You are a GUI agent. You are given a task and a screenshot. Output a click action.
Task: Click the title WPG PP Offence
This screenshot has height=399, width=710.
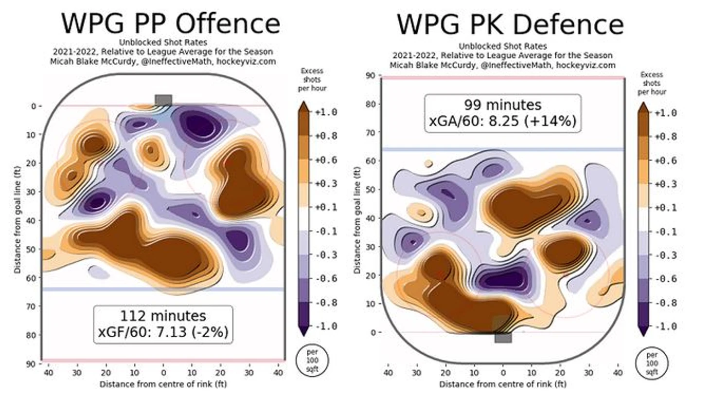[170, 23]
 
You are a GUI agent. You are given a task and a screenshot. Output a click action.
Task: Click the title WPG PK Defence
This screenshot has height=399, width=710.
[510, 24]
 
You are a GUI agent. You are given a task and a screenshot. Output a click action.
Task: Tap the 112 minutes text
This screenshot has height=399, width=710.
[163, 316]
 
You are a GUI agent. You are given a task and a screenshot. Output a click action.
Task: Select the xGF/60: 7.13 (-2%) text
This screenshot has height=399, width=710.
[163, 332]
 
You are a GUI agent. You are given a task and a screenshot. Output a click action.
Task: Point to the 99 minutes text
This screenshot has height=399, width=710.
[502, 105]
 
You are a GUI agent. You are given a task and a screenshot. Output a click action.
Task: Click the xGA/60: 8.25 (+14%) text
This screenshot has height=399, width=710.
[502, 121]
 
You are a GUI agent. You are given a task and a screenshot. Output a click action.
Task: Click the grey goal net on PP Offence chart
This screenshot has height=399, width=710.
[163, 100]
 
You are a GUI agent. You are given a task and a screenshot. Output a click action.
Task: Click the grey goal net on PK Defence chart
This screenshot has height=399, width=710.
[503, 337]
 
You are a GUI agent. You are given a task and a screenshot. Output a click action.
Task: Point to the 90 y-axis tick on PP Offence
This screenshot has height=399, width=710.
[31, 363]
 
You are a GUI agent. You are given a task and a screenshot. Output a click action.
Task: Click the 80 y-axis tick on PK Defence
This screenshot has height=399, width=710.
[371, 104]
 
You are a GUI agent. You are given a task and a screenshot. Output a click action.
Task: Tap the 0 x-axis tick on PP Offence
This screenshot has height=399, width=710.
[163, 373]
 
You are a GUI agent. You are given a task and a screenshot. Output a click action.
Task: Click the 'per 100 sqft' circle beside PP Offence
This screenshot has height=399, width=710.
[312, 361]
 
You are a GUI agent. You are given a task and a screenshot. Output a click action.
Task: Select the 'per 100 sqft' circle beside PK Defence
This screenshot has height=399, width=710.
[652, 363]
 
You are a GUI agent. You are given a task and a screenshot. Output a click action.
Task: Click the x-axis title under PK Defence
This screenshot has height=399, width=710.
[502, 384]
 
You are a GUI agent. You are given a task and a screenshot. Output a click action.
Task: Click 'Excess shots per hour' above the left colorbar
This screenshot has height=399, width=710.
[312, 79]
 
